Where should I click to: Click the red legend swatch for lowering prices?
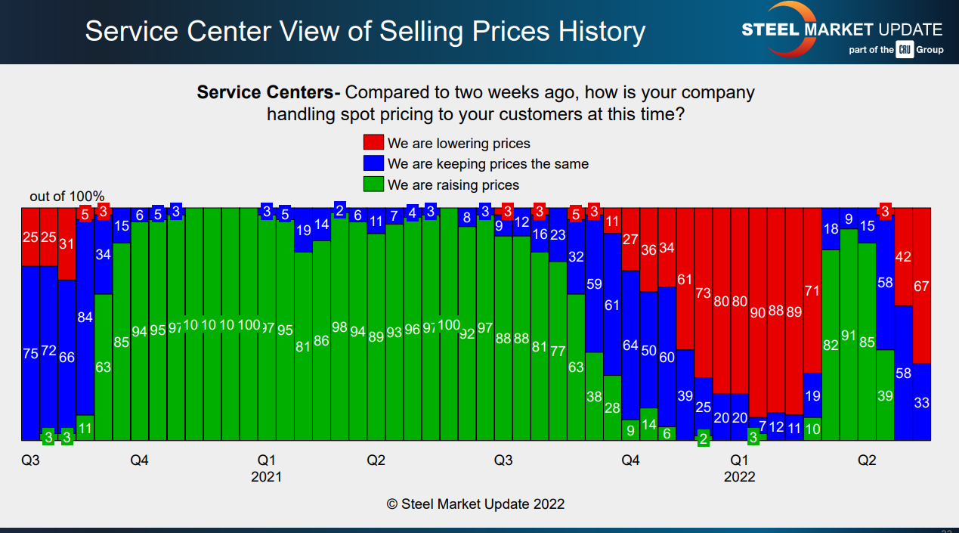tap(374, 143)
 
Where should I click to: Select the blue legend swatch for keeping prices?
tap(374, 163)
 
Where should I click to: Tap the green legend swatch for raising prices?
tap(374, 184)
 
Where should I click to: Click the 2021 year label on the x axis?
tap(266, 477)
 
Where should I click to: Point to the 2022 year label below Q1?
tap(739, 477)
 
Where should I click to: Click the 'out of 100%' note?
tap(67, 197)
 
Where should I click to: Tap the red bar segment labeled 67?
tap(921, 286)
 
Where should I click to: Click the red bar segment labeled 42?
tap(903, 257)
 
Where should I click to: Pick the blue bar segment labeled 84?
tap(85, 318)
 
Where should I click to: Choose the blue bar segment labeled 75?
tap(30, 353)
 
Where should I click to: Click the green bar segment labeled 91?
tap(849, 334)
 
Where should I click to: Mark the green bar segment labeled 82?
tap(831, 345)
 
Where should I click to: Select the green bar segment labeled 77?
tap(558, 351)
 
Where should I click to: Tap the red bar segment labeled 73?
tap(703, 293)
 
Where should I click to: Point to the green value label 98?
tap(339, 327)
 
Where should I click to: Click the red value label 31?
tap(67, 244)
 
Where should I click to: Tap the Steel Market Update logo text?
tap(842, 30)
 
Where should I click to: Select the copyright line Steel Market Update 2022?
tap(475, 504)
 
